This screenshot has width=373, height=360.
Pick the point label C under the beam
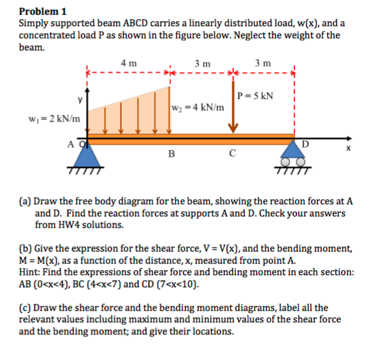tap(233, 154)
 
